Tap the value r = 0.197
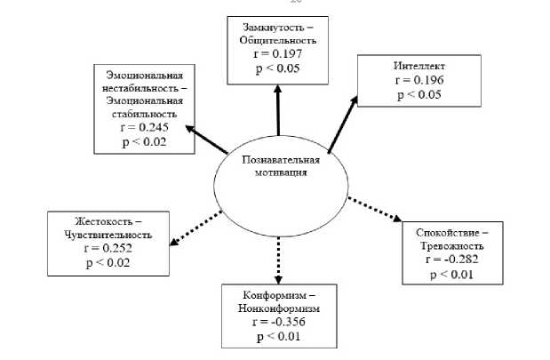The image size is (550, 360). [275, 52]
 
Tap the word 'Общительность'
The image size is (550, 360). [275, 40]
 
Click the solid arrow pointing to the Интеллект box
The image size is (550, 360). [342, 124]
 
